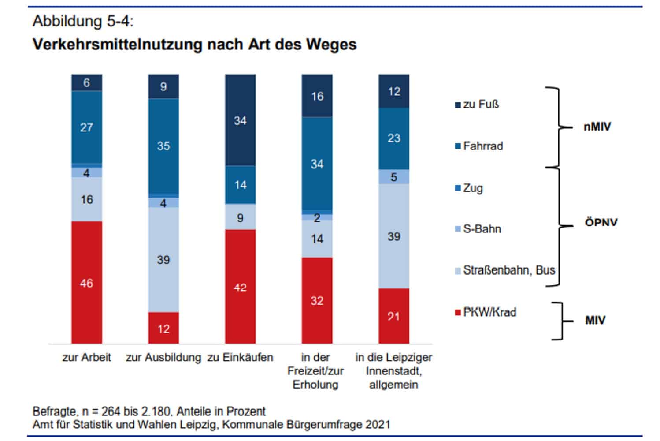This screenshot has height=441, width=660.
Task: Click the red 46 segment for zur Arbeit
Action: point(86,283)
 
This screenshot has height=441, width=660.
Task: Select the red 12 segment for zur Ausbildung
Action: point(163,329)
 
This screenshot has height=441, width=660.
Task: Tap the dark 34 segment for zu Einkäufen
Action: point(240,120)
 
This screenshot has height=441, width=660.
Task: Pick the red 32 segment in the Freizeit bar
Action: point(317,301)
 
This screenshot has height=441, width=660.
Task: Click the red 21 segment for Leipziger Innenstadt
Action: point(393,316)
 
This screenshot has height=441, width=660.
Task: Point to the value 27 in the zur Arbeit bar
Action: point(86,127)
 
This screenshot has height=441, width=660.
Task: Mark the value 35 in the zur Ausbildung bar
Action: point(163,146)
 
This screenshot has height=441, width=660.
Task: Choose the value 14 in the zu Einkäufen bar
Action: point(240,185)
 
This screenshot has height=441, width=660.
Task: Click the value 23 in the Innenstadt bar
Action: point(393,138)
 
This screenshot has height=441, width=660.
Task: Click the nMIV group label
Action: point(597,127)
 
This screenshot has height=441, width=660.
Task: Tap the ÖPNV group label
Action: point(601,222)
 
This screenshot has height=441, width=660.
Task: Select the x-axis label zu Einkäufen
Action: point(240,357)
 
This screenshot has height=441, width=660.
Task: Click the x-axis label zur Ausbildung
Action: point(163,357)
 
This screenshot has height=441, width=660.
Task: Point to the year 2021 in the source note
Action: point(377,425)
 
